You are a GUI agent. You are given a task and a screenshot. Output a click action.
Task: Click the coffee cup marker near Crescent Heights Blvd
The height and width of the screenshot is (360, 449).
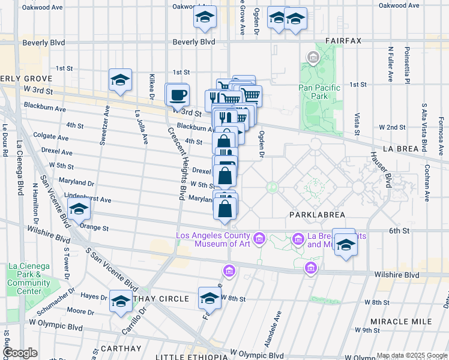click(x=177, y=95)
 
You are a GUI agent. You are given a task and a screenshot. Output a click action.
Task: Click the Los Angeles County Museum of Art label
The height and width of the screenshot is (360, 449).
click(x=212, y=239)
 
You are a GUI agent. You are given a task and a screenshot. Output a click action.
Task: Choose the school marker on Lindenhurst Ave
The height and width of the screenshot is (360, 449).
click(x=79, y=210)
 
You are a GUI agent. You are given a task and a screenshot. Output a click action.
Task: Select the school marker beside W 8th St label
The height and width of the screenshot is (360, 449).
click(x=209, y=299)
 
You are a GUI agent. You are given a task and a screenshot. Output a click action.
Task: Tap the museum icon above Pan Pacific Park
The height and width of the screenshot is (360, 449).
click(x=313, y=58)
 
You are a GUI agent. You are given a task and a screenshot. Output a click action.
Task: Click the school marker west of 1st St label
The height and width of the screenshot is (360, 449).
click(x=120, y=80)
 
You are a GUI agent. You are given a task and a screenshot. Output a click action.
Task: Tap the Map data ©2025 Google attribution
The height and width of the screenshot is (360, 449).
click(x=411, y=355)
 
